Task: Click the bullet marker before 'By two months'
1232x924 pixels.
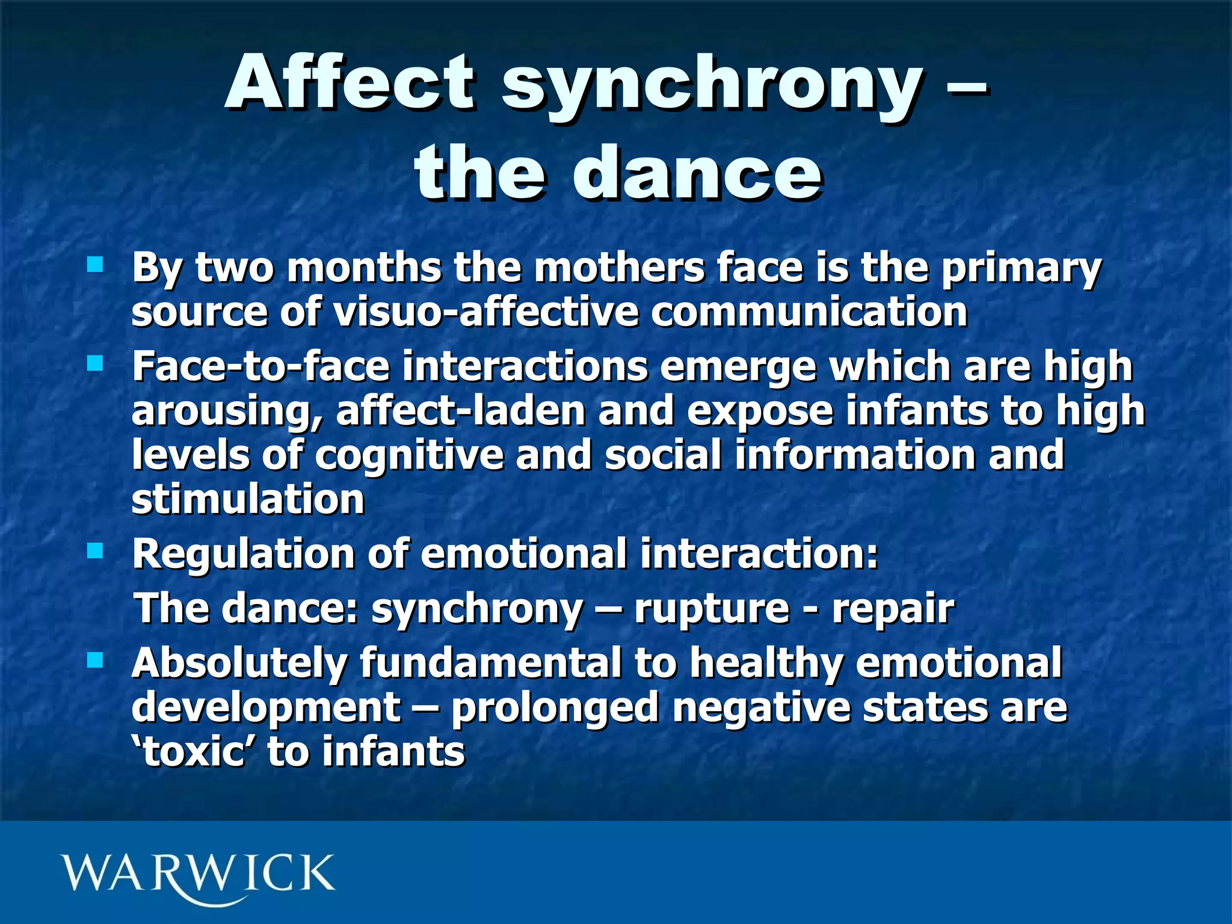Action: [95, 264]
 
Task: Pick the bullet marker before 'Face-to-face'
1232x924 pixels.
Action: [95, 363]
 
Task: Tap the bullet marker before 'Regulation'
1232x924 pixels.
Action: [95, 550]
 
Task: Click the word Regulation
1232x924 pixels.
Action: [243, 553]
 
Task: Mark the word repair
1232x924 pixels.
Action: [893, 609]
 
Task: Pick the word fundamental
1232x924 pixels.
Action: [490, 663]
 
